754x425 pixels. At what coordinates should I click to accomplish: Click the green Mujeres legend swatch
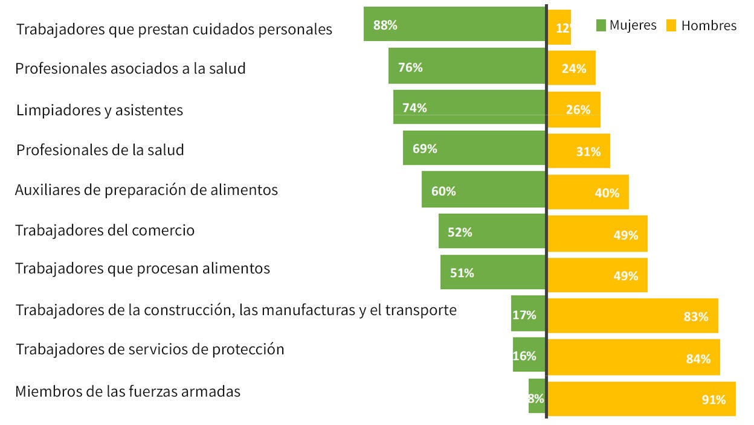coord(601,25)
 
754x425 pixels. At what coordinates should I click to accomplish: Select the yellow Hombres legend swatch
coord(671,25)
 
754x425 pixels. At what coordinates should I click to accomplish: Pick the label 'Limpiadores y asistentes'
coord(100,110)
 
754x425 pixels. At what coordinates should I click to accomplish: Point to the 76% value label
coord(410,68)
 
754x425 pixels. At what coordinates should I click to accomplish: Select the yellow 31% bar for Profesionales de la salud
coord(579,151)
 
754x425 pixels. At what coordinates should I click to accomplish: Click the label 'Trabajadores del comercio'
coord(105,231)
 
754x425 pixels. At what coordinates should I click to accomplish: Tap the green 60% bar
coord(483,190)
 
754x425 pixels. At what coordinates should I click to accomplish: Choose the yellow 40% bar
coord(588,192)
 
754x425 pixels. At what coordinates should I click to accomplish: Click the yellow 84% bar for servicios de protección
coord(634,357)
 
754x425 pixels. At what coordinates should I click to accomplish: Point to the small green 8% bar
coord(536,396)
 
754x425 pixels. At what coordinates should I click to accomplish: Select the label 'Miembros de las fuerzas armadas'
coord(128,391)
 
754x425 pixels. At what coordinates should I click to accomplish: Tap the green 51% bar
coord(493,272)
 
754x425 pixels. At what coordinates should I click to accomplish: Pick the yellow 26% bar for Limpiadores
coord(574,110)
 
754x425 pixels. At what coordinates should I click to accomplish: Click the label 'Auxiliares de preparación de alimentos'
coord(146,190)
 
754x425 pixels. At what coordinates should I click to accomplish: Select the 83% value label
coord(695,316)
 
